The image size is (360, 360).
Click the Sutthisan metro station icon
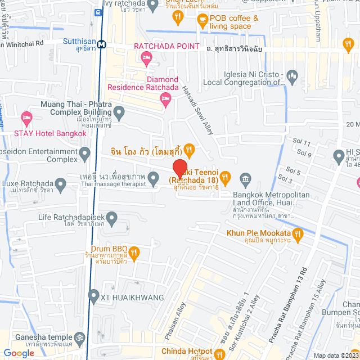click(x=102, y=44)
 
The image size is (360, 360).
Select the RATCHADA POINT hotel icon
click(x=146, y=56)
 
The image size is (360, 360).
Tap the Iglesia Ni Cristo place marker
click(x=291, y=75)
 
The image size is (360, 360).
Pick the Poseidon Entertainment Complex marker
click(x=85, y=152)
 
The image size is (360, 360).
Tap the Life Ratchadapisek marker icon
click(x=112, y=217)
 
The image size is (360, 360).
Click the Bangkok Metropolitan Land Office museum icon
click(x=245, y=180)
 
